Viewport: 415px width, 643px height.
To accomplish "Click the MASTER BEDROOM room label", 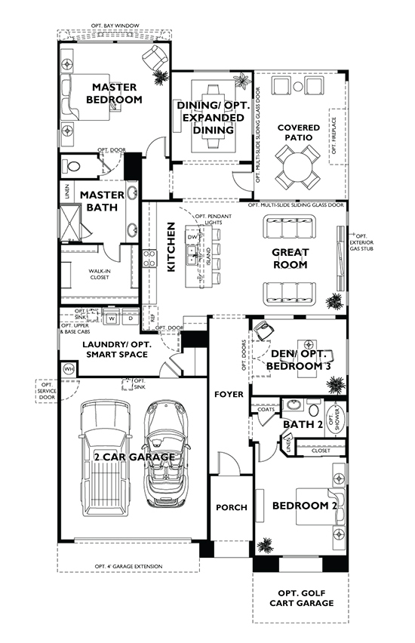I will click(114, 94).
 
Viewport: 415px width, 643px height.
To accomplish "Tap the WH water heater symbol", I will click(68, 370).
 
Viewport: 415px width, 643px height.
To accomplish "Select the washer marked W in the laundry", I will click(112, 318).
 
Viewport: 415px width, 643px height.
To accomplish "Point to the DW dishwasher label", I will click(193, 238).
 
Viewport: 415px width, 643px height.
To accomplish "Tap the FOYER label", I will click(229, 394).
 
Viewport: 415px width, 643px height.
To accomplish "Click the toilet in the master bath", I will click(75, 165).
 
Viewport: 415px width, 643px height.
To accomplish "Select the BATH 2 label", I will click(303, 425).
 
